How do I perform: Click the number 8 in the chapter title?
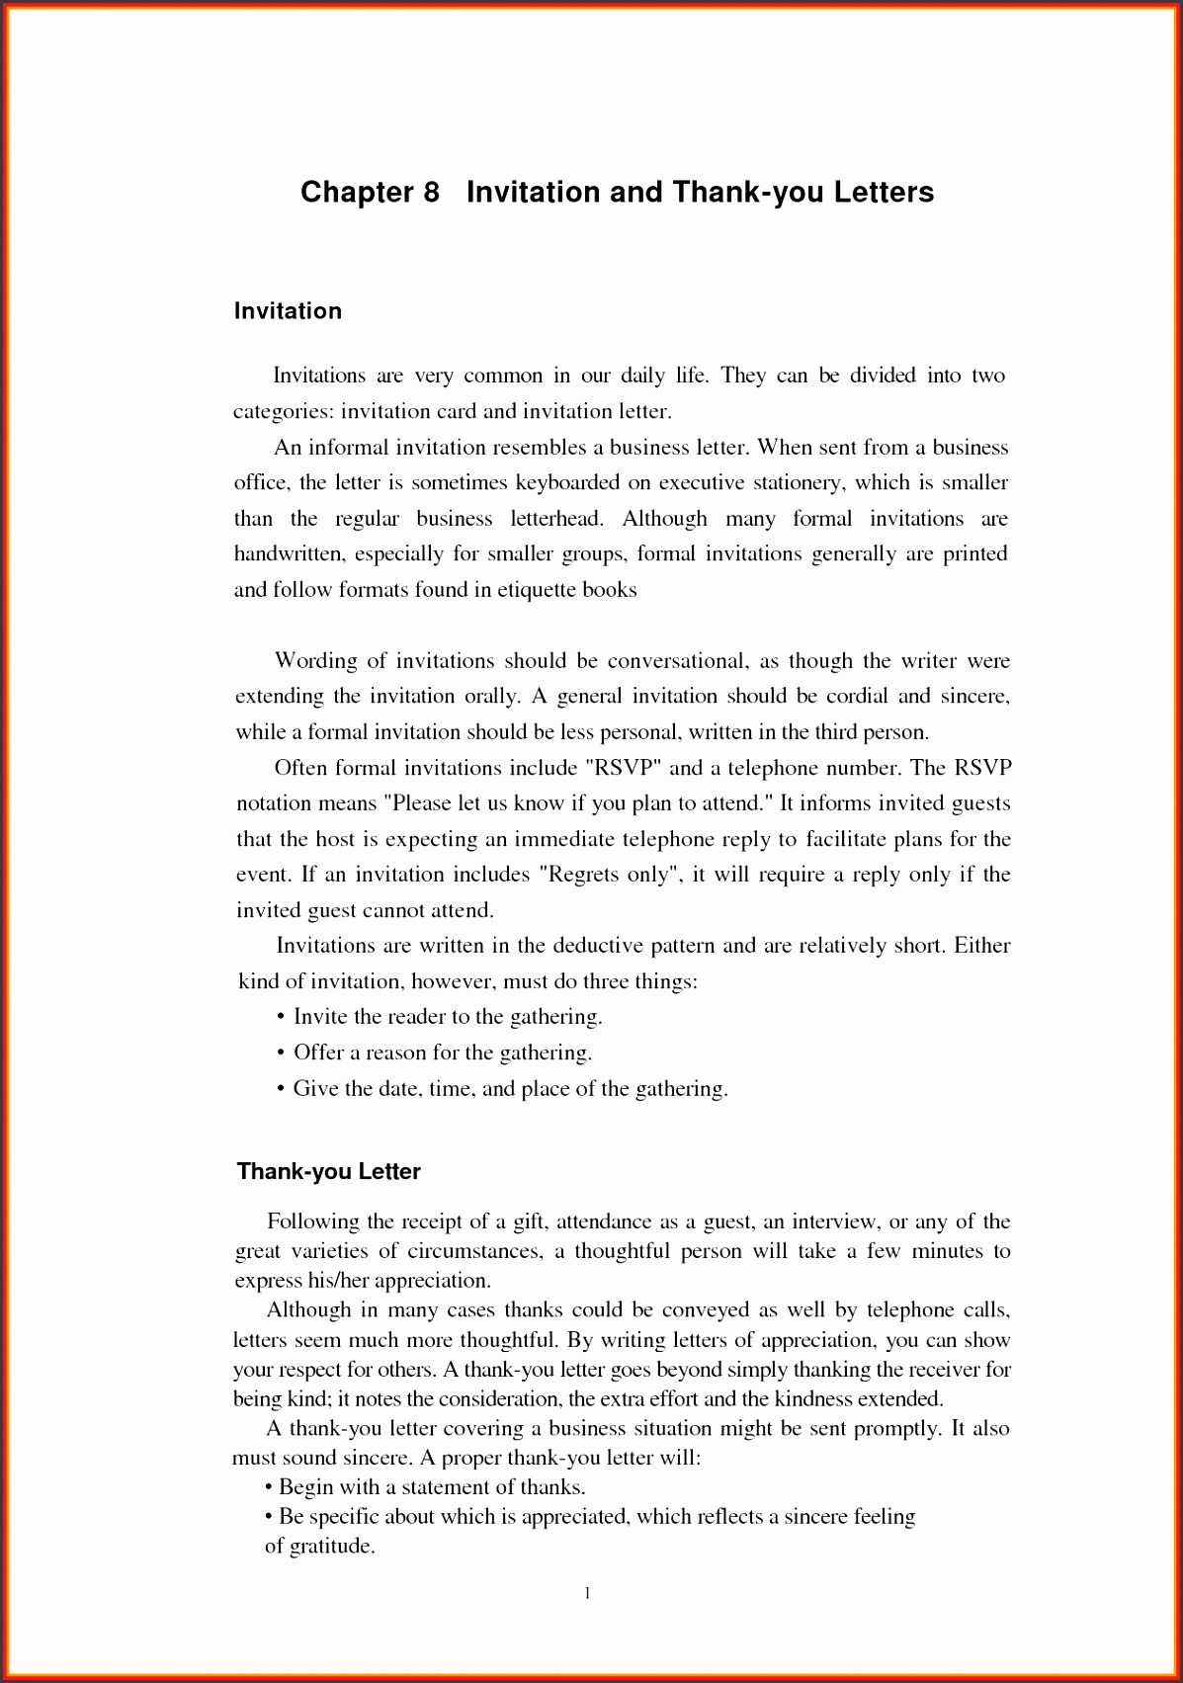tap(430, 192)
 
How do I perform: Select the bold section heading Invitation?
tap(288, 311)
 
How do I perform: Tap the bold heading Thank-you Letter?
tap(329, 1172)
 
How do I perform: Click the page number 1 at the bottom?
tap(588, 1592)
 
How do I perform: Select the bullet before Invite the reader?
tap(282, 1017)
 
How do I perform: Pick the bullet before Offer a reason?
tap(282, 1052)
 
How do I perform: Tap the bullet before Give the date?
tap(282, 1088)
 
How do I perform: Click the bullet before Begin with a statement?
tap(269, 1487)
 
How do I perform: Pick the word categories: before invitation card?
tap(284, 412)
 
